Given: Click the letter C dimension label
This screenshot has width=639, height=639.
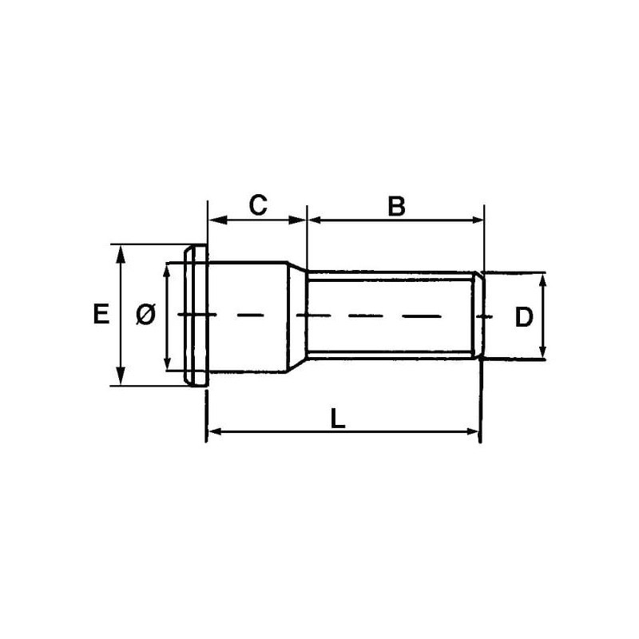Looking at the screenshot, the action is coord(258,205).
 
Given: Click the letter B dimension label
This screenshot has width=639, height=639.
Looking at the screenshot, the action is coord(396,206).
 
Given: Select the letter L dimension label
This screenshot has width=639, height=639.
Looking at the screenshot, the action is coord(338,419).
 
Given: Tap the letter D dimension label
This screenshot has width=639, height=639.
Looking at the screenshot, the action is coord(524,317).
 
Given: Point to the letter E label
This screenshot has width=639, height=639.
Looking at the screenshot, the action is coord(101,314).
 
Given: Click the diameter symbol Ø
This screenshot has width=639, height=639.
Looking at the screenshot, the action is coord(145,315).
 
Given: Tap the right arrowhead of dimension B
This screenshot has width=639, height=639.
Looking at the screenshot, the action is coord(475,220).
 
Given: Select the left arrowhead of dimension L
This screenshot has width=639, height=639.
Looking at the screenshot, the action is coord(216,431).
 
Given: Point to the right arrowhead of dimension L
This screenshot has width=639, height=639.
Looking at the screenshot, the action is coord(473,431).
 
